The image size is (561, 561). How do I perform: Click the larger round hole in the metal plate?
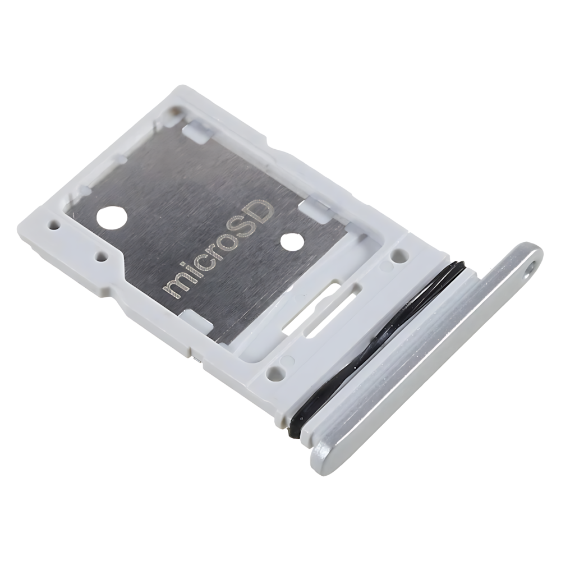tap(112, 218)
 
